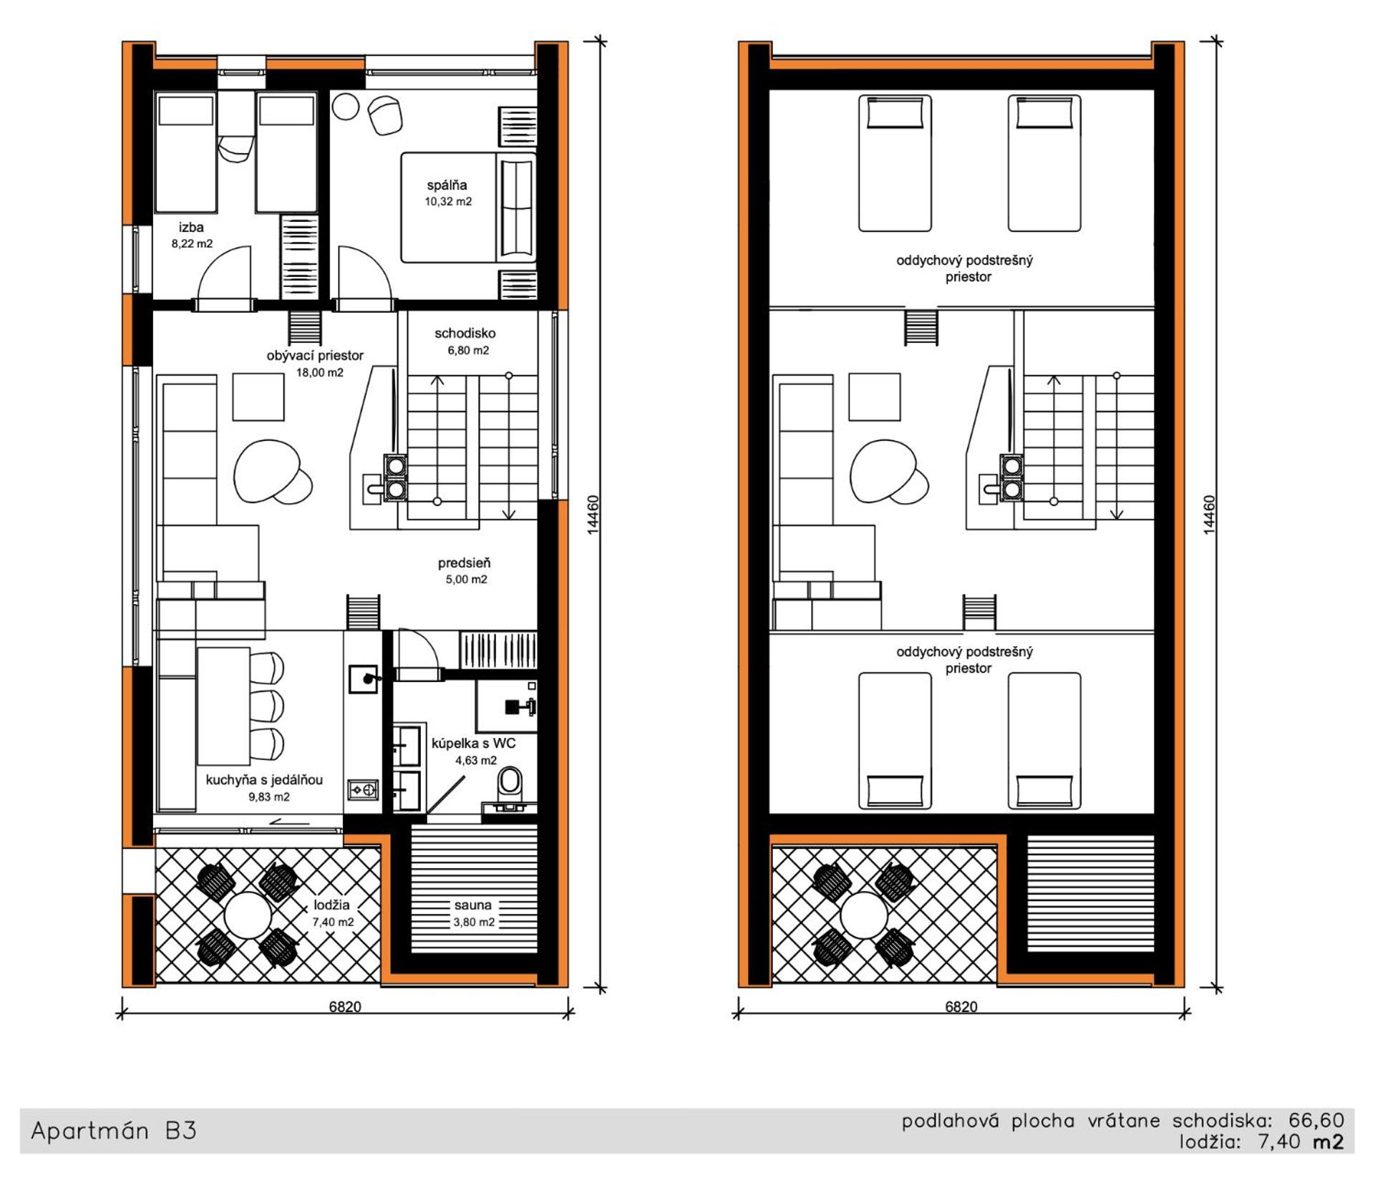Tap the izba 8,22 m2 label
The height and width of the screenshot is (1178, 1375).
coord(192,235)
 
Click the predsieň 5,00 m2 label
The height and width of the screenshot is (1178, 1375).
coord(465,571)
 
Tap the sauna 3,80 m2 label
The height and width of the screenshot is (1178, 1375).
coord(473,913)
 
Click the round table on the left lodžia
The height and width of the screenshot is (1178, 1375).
coord(248,915)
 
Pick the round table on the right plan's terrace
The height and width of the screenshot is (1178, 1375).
coord(864,915)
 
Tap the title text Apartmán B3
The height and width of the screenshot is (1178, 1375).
coord(114,1131)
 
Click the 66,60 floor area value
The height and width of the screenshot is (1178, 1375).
coord(1317,1120)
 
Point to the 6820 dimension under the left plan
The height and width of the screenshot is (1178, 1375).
coord(345,1006)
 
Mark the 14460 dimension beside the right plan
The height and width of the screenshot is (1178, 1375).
coord(1209,515)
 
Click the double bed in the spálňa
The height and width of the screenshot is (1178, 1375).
coord(468,208)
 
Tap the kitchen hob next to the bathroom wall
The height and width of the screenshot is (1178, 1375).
coord(363,789)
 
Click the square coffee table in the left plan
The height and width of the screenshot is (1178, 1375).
coord(258,396)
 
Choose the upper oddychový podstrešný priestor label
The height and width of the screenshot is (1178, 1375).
coord(965,268)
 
